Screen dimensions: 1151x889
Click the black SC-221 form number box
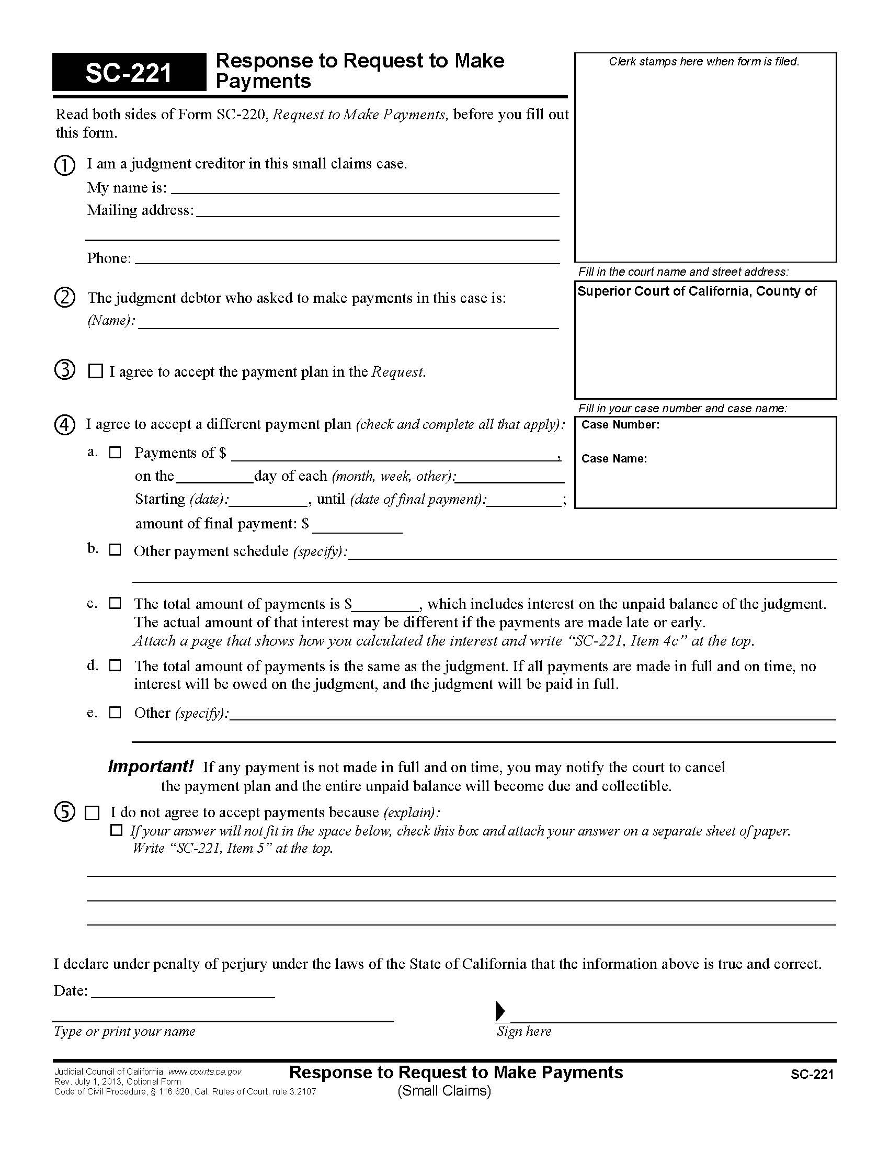click(129, 72)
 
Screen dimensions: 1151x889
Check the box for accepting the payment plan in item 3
click(95, 371)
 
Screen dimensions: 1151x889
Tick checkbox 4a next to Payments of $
click(115, 453)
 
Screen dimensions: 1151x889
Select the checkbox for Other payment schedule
click(115, 550)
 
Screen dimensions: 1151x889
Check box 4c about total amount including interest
click(115, 603)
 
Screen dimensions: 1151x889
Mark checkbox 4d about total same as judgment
click(115, 665)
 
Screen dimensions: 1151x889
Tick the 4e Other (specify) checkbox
click(115, 713)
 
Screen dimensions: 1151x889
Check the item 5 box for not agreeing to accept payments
click(92, 813)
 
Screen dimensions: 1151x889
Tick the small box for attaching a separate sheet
click(116, 831)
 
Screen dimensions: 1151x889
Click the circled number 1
click(65, 165)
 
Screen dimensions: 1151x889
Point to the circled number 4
click(65, 425)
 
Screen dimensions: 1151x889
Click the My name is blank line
click(364, 189)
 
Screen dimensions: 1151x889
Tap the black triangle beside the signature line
click(500, 1011)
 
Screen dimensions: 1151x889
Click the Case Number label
click(620, 425)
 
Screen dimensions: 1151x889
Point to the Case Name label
click(614, 458)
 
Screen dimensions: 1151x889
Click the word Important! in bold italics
click(151, 766)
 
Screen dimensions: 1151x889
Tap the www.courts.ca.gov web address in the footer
click(204, 1071)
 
